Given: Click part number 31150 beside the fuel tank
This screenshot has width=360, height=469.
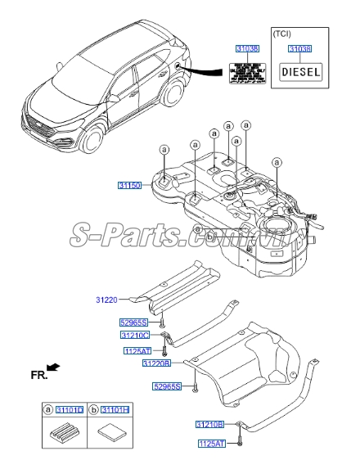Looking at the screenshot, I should [x=128, y=187].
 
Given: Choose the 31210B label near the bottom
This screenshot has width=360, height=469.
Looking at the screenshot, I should [x=209, y=425].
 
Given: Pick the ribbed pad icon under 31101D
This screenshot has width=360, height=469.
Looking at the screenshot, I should [x=65, y=434].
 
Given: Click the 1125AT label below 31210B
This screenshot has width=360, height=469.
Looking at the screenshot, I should [x=213, y=443].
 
